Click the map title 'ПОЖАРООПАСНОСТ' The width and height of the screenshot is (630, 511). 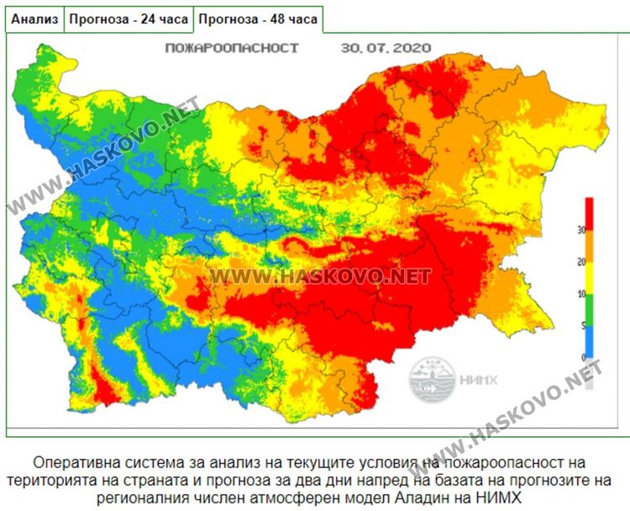233,48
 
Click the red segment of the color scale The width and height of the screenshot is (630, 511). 590,214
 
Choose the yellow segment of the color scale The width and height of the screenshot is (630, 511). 590,278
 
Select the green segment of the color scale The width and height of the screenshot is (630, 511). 590,310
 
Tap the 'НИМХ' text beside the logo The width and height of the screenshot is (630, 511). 477,379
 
